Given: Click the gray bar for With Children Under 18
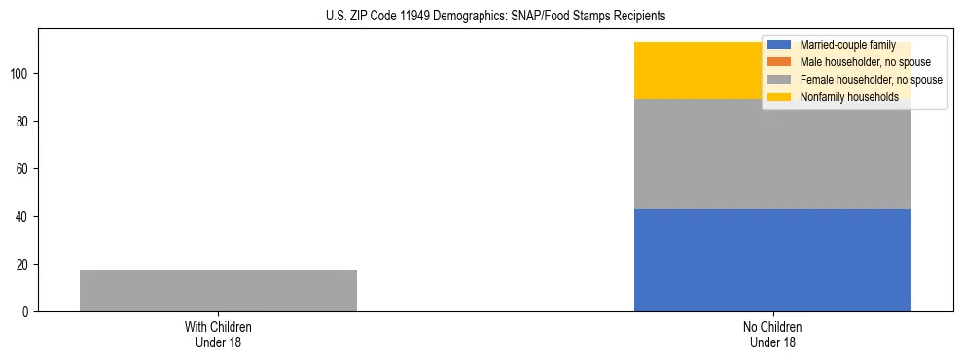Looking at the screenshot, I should click(218, 291).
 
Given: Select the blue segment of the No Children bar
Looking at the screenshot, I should click(772, 260).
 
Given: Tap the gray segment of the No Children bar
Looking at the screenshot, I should click(772, 154).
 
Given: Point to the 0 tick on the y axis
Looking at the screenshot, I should click(26, 312).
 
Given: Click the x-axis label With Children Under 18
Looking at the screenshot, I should click(218, 334).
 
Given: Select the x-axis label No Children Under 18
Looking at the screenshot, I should click(772, 334).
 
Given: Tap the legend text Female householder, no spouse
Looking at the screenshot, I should click(871, 80).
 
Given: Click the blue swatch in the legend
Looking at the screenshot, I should click(780, 45).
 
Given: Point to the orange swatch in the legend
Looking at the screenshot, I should click(780, 62).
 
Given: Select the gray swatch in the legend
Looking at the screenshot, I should click(780, 80).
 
